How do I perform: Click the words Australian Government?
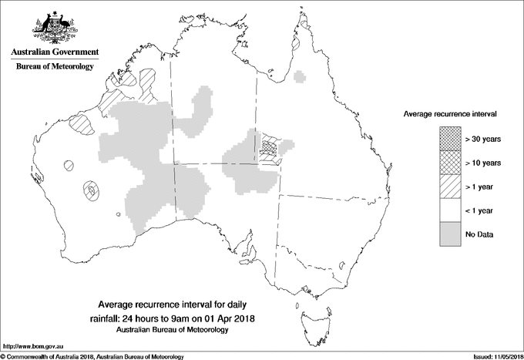point(54,52)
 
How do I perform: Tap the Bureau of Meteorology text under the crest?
point(54,67)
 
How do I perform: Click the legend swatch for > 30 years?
point(449,139)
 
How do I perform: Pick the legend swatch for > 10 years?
point(449,163)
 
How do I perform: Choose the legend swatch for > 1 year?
point(449,187)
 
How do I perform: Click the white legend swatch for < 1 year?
point(449,210)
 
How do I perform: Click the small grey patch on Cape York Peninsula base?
point(301,76)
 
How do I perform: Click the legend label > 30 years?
point(483,139)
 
